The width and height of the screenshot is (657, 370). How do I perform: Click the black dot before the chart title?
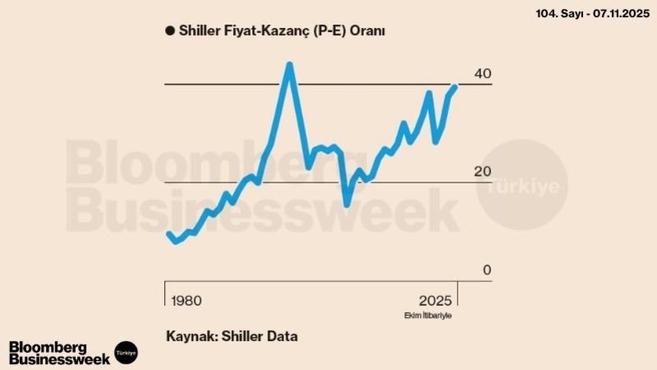[169, 30]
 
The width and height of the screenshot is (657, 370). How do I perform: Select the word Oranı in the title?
[366, 30]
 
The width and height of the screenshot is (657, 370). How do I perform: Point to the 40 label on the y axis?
[483, 75]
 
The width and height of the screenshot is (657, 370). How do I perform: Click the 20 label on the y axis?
[483, 172]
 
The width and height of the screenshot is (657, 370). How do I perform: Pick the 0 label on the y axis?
[486, 271]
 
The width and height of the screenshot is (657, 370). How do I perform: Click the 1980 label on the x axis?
[186, 299]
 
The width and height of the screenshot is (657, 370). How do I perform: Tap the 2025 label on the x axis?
[435, 299]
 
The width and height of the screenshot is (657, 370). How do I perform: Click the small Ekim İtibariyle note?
[428, 316]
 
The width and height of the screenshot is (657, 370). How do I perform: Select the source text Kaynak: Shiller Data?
[232, 336]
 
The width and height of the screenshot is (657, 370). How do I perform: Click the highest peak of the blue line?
[288, 65]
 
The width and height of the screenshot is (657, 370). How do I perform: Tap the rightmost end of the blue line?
[455, 86]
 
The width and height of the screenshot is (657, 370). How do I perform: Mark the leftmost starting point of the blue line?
[169, 234]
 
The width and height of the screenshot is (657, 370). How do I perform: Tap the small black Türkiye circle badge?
[126, 352]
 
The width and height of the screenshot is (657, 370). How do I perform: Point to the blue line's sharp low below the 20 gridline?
[347, 203]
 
